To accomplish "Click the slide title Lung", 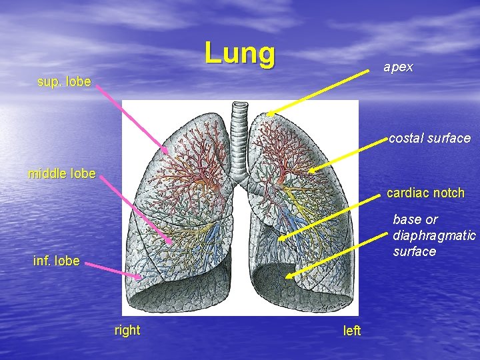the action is [x=239, y=53].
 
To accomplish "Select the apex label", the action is [x=397, y=67].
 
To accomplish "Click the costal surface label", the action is [x=429, y=139].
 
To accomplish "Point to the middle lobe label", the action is [x=62, y=174].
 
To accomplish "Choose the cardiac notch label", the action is [x=425, y=193].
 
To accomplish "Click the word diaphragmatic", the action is [x=434, y=235].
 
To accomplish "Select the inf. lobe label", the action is [x=56, y=261].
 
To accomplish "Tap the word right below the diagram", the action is [x=127, y=330].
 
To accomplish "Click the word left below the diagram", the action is [x=351, y=331].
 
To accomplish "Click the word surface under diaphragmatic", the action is [x=414, y=251].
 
